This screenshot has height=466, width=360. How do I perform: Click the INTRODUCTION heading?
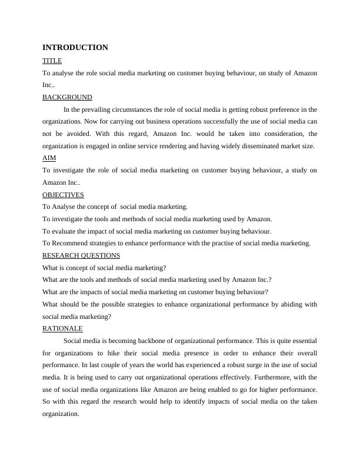75,48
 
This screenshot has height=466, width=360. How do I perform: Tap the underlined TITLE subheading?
52,61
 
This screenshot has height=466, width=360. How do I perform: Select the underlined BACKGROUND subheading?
67,97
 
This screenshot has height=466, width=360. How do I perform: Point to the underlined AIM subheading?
49,158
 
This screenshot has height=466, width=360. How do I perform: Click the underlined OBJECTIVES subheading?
63,195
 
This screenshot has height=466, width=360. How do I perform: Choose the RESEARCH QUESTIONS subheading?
81,255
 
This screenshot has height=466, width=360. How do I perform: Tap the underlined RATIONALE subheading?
62,328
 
